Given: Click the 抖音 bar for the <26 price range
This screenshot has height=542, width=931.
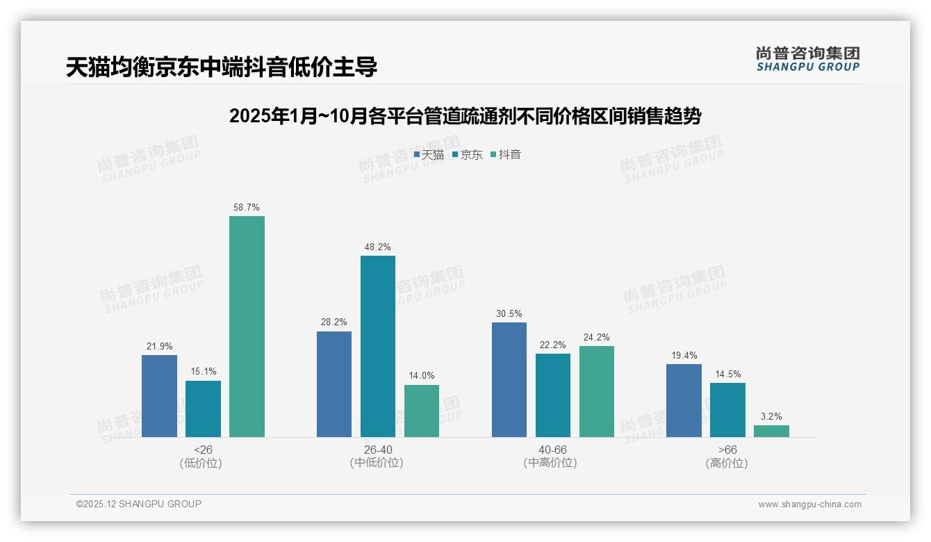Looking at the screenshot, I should [x=247, y=327].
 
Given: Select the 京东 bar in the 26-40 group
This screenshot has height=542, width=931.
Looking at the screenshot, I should [x=377, y=346].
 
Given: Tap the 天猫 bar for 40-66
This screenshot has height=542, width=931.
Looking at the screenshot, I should [x=509, y=379].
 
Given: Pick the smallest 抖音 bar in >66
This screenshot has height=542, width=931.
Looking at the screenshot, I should [x=771, y=431].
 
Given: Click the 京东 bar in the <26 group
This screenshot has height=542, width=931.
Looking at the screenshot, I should [x=203, y=409].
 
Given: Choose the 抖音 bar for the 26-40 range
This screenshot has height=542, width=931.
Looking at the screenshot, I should [x=422, y=411].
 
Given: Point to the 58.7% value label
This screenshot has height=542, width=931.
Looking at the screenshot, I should [x=247, y=207].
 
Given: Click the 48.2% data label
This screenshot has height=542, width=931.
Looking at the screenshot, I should [x=377, y=247].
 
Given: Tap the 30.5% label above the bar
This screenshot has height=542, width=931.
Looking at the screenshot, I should [x=509, y=313].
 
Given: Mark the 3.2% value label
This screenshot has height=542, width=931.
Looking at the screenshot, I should [x=771, y=416].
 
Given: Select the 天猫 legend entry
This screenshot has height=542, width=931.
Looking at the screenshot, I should [x=429, y=154].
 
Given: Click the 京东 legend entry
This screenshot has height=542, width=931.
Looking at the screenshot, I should [x=468, y=154].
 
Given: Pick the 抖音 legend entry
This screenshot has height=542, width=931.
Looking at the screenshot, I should [x=506, y=154].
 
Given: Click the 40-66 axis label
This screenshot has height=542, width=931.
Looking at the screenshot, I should [x=553, y=450].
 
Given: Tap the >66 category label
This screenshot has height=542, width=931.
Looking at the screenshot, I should [x=727, y=450].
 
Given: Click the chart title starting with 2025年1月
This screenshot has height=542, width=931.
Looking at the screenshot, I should [x=465, y=116].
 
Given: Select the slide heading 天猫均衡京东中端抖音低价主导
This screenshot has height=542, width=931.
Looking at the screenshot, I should [x=222, y=67].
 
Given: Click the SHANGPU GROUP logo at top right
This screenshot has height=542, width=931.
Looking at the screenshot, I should [x=807, y=58].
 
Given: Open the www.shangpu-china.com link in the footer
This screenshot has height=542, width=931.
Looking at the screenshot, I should [x=809, y=504].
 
